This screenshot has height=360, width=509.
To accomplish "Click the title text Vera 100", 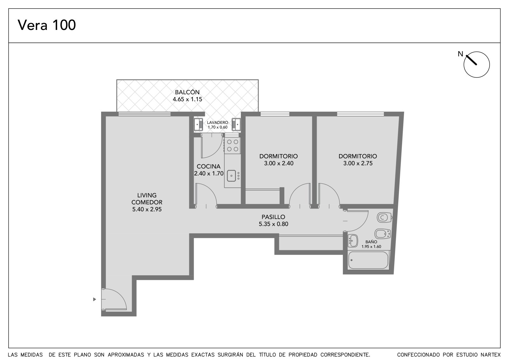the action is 46,25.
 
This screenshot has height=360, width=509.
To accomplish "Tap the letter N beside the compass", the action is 460,54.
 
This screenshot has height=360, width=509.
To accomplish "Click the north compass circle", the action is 477,65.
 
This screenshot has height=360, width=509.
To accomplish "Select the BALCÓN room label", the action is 187,92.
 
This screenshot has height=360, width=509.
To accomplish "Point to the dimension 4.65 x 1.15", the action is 187,99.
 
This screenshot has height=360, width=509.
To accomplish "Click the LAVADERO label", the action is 218,122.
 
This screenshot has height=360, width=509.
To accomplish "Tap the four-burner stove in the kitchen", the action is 233,145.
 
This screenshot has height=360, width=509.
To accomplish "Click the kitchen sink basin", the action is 231,176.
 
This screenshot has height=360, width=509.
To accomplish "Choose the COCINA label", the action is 208,166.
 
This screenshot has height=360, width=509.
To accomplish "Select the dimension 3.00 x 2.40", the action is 279,163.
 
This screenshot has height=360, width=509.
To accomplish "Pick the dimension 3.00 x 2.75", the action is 358,163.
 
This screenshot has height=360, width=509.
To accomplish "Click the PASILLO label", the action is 273,217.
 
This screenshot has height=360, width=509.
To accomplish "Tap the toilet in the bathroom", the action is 385,217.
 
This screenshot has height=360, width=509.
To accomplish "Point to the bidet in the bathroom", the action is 383,234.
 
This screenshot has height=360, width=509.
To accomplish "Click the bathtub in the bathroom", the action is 368,260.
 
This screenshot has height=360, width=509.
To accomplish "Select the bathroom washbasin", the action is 353,241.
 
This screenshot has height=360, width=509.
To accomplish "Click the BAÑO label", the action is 371,242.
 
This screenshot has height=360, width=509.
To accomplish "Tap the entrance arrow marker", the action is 94,299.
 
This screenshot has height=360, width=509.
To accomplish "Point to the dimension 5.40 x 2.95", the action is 147,209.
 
